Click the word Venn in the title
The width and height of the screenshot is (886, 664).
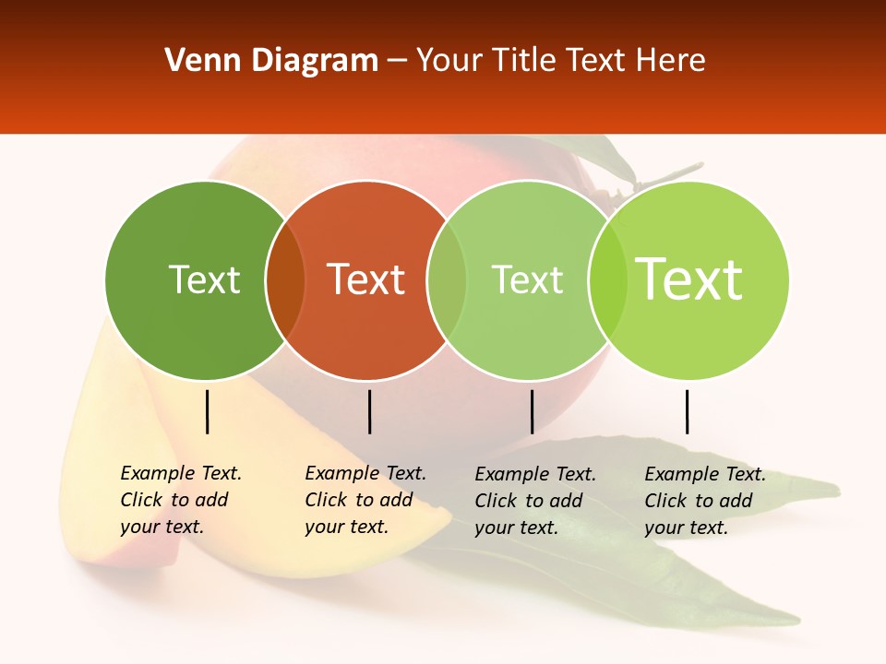pos(198,61)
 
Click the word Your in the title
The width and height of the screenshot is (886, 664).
pos(450,61)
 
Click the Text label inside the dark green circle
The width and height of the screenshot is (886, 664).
pos(204,279)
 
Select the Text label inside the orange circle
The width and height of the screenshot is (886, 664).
pos(366,279)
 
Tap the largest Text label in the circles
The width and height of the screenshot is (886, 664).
pos(689,279)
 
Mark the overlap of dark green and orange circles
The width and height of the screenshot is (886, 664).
pos(285,279)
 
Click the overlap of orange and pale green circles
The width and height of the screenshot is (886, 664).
pos(447,279)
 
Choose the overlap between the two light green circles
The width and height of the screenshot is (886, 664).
pos(607,279)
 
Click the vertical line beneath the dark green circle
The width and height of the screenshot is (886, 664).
pos(207,411)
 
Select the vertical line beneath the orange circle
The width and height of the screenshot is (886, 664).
pos(369,411)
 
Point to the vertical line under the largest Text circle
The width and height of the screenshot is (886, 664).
pos(687,411)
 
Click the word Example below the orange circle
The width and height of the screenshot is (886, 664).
pos(342,473)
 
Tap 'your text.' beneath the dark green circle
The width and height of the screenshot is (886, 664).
pos(162,527)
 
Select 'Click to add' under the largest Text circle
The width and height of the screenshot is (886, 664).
pos(698,501)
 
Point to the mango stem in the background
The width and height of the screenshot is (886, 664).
pos(669,176)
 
